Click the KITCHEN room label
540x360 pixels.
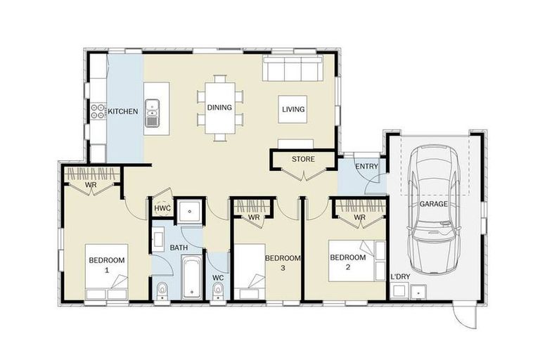click(x=123, y=111)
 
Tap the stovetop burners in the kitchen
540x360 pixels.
click(x=98, y=111)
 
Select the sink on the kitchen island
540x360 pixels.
click(x=152, y=112)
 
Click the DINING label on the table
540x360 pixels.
click(x=219, y=108)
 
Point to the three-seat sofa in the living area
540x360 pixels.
click(x=292, y=69)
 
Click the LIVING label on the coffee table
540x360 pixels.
click(x=293, y=109)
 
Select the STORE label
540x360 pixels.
click(x=303, y=159)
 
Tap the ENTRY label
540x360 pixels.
click(x=366, y=167)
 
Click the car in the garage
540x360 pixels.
click(x=434, y=210)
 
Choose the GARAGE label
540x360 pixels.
click(x=434, y=204)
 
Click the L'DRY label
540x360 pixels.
click(x=400, y=276)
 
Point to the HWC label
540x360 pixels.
click(x=162, y=208)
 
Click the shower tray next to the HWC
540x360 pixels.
click(x=190, y=210)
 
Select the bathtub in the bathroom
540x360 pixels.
click(x=192, y=277)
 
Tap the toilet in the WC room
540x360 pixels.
click(x=217, y=291)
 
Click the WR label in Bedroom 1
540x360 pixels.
click(x=91, y=185)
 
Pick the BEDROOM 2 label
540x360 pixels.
click(x=348, y=262)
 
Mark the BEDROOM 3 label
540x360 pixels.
click(x=283, y=263)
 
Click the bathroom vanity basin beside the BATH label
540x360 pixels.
click(x=158, y=240)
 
